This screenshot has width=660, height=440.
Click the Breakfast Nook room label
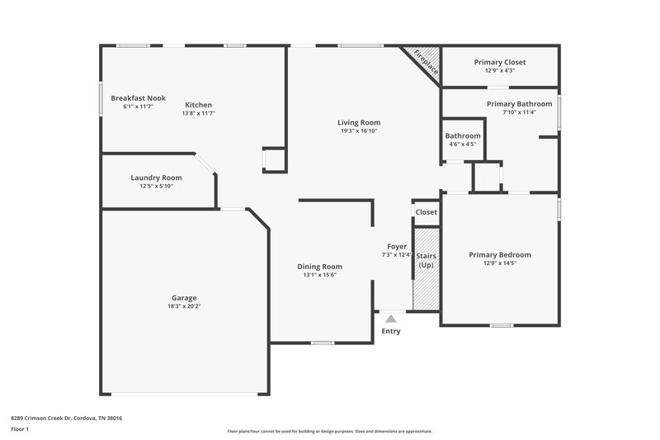pyautogui.click(x=138, y=98)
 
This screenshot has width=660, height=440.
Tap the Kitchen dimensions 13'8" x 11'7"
pyautogui.click(x=198, y=113)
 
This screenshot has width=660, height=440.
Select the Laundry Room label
pyautogui.click(x=156, y=177)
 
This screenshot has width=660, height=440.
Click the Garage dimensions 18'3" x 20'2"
pyautogui.click(x=184, y=306)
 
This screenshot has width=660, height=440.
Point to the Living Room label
pyautogui.click(x=359, y=122)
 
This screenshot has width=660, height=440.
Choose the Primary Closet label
pyautogui.click(x=499, y=62)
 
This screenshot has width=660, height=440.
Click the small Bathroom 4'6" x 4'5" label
pyautogui.click(x=462, y=135)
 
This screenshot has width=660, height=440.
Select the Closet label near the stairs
pyautogui.click(x=426, y=212)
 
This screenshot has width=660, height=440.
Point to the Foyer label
pyautogui.click(x=397, y=246)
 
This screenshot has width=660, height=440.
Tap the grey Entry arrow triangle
pyautogui.click(x=391, y=317)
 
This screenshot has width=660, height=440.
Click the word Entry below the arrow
pyautogui.click(x=391, y=332)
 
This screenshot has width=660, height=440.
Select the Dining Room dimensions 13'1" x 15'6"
pyautogui.click(x=319, y=275)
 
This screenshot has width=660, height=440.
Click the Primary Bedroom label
pyautogui.click(x=500, y=255)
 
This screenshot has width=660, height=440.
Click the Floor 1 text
pyautogui.click(x=20, y=430)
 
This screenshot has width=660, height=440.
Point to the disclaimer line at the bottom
pyautogui.click(x=329, y=431)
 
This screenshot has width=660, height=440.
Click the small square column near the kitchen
pyautogui.click(x=274, y=159)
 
